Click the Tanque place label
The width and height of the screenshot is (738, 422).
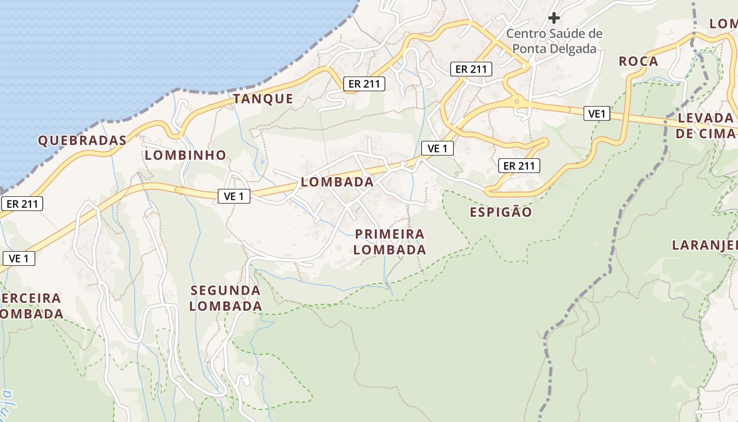pos(263,99)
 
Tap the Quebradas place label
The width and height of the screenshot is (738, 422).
pos(82,140)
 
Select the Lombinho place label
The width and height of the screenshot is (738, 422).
pos(186,155)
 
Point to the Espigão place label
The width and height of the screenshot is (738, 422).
pos(501,212)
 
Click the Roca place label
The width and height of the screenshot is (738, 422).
pos(638,61)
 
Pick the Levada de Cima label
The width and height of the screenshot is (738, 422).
pos(705,126)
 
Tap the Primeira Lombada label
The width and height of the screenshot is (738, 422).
pos(390,242)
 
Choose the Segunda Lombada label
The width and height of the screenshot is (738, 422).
pos(226,298)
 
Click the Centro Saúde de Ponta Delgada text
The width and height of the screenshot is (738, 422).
pos(554,41)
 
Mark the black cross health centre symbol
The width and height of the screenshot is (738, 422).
pos(553,18)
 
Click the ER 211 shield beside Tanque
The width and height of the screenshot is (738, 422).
pos(364,83)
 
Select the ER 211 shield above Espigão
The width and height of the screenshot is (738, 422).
pos(519,166)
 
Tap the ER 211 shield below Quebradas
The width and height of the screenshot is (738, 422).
pos(22,204)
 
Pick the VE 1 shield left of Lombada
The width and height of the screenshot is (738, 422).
pos(234,196)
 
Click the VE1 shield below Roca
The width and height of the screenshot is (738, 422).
pos(597,113)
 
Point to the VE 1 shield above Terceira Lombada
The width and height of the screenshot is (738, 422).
pos(19,258)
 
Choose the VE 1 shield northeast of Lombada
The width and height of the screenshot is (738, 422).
pos(438,149)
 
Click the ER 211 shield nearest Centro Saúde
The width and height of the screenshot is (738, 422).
pos(471,69)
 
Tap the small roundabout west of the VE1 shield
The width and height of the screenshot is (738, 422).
pos(517,101)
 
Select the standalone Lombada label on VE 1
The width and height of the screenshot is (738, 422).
pos(337,182)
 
